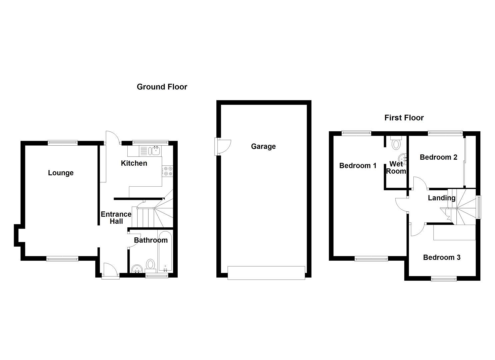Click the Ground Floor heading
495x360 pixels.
coord(162,87)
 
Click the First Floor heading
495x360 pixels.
coord(404,118)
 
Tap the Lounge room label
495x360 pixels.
coord(61,173)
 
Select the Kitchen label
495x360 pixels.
coord(134,163)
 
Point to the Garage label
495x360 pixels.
coord(263,146)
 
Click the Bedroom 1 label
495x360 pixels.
coord(358,166)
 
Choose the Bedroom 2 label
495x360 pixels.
coord(438,157)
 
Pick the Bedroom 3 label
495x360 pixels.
coord(442,257)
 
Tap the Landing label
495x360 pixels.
coord(442,198)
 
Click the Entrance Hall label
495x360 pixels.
coord(116,218)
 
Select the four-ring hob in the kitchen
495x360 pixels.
coord(167,171)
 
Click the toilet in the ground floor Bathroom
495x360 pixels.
coord(151,265)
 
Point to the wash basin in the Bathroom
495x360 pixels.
coord(137,269)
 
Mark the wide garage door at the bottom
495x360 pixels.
coord(266,272)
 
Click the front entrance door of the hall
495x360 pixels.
coord(111,271)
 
